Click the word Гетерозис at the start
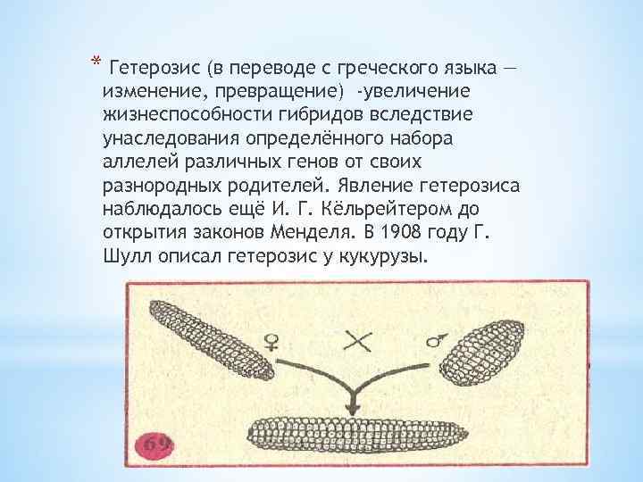[x=151, y=69]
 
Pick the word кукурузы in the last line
[x=381, y=254]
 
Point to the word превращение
[x=281, y=92]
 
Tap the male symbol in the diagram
[x=437, y=340]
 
